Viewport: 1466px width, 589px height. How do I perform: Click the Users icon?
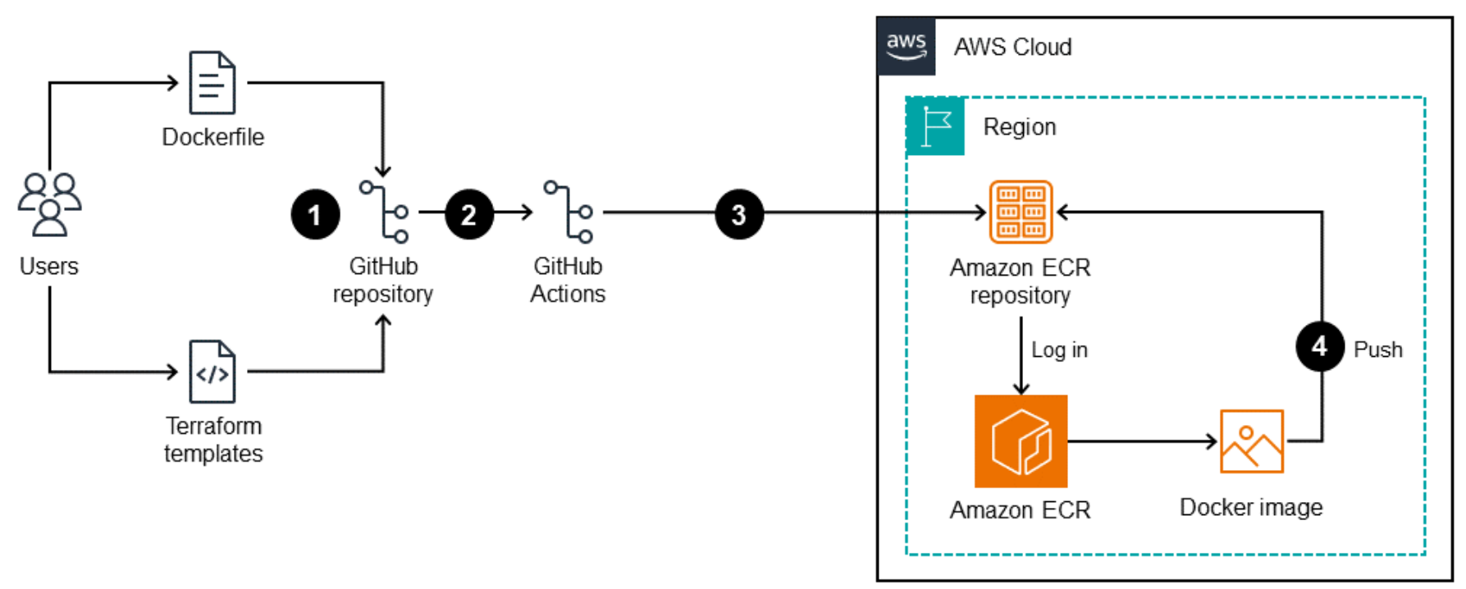click(x=49, y=204)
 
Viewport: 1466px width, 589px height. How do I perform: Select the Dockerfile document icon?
click(x=212, y=83)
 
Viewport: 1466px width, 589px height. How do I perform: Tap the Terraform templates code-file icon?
click(x=212, y=372)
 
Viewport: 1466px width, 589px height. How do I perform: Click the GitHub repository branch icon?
click(x=384, y=212)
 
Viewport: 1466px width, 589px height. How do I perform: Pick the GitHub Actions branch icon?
click(x=569, y=212)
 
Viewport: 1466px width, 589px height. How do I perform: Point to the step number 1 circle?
click(x=315, y=215)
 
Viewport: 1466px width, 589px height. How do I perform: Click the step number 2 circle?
click(x=469, y=215)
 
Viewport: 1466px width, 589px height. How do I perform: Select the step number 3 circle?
click(x=739, y=215)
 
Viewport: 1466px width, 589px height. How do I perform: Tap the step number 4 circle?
click(x=1319, y=346)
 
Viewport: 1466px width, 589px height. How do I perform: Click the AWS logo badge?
click(x=907, y=46)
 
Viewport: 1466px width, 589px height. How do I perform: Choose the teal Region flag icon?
click(x=935, y=126)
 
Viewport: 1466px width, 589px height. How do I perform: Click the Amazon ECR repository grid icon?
click(x=1021, y=212)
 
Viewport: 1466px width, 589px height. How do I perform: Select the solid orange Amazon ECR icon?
click(x=1021, y=441)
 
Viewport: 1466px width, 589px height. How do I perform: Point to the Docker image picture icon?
click(x=1251, y=441)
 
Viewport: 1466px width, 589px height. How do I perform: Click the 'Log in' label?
click(x=1059, y=350)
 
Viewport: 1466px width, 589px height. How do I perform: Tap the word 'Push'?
click(x=1378, y=350)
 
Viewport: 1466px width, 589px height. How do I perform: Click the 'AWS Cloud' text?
click(x=1012, y=48)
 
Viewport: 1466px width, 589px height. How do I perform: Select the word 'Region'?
click(x=1020, y=127)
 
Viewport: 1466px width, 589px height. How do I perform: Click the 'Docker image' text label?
click(x=1251, y=508)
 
